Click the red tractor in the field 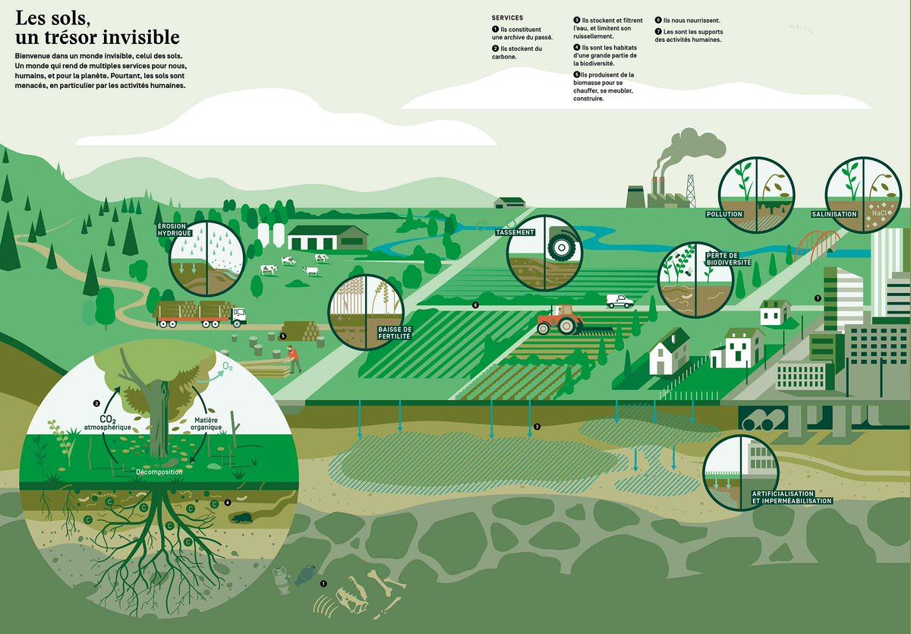(x=559, y=321)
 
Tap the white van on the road (x=619, y=301)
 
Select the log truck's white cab (x=238, y=315)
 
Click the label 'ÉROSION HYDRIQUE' (x=174, y=230)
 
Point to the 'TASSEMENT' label (x=515, y=232)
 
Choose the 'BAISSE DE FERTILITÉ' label (x=394, y=331)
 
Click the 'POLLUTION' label (x=723, y=214)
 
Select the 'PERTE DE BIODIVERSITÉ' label (x=728, y=258)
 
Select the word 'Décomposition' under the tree (x=159, y=472)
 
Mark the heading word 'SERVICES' (x=507, y=17)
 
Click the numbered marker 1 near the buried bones (x=323, y=584)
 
